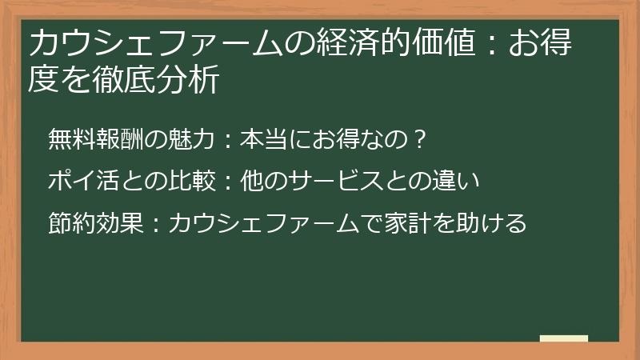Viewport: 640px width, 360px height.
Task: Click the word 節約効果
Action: click(90, 222)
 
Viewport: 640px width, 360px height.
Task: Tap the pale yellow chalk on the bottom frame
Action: click(564, 339)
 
